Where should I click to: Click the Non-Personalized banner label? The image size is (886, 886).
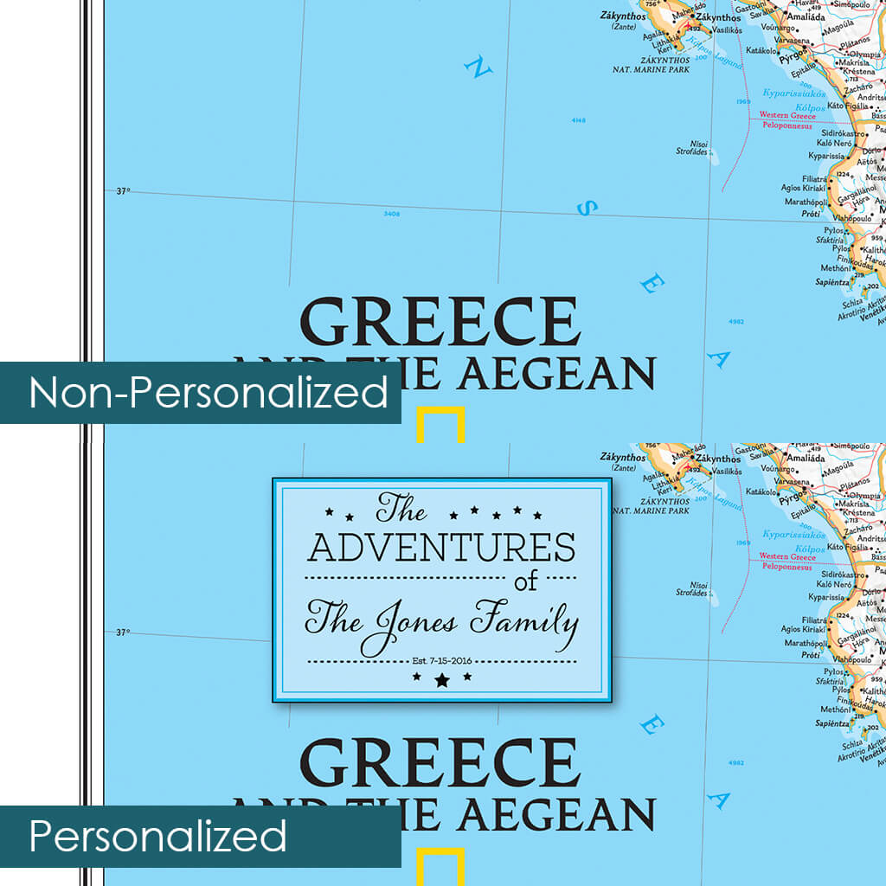(208, 393)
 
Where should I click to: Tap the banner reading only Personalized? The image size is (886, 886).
(157, 837)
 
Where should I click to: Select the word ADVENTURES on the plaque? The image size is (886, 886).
(441, 548)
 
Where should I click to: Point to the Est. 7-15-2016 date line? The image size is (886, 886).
(441, 661)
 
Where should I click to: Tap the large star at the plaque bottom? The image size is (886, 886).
(442, 680)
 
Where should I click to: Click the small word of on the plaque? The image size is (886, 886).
(525, 581)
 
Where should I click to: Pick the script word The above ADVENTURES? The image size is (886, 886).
(401, 508)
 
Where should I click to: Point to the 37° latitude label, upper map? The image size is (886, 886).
(123, 191)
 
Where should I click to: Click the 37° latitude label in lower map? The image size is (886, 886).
(123, 632)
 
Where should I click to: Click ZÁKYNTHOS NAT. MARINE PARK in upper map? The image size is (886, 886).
(651, 64)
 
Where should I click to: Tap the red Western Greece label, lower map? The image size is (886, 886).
(786, 557)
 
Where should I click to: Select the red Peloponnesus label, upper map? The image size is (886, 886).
(786, 125)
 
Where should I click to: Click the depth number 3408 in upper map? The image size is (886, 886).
(391, 213)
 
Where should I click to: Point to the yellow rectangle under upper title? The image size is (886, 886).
(441, 424)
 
